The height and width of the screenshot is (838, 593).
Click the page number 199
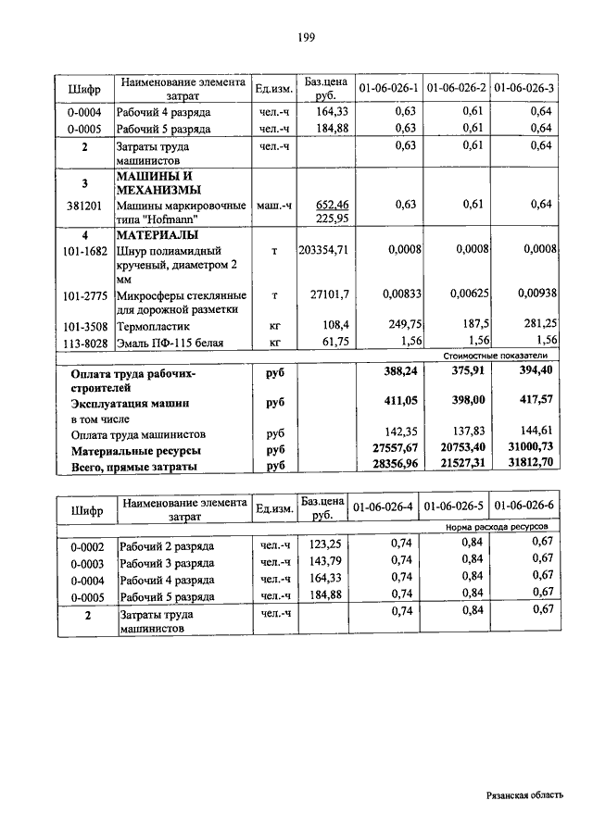coord(307,38)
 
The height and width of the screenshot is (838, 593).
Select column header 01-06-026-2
coord(456,88)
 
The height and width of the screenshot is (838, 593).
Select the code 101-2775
coord(83,295)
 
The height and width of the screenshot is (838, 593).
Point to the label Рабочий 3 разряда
coord(167,562)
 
